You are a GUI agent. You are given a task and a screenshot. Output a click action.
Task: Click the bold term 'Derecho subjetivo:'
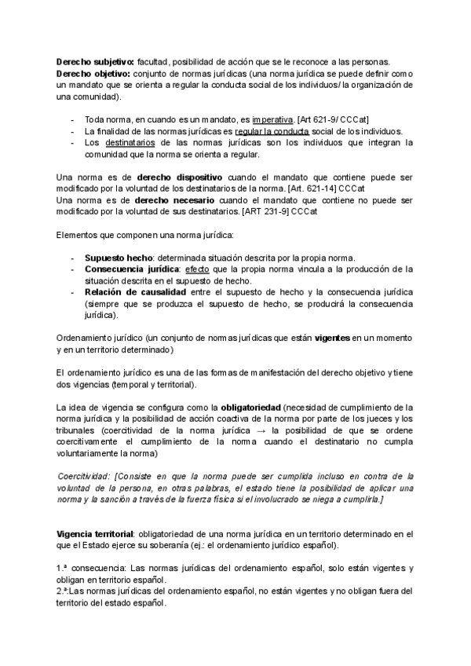95,62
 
